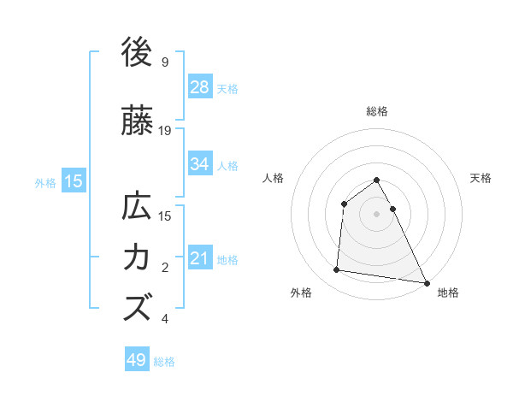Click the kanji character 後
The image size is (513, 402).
click(138, 53)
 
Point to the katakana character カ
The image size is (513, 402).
click(138, 257)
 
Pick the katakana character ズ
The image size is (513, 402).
click(138, 306)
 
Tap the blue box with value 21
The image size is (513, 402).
click(200, 257)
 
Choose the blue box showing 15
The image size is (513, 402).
click(73, 180)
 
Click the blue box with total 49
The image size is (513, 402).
click(137, 360)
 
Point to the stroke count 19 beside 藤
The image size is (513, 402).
click(166, 131)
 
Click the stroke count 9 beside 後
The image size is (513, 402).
click(165, 62)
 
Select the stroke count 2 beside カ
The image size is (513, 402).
click(165, 268)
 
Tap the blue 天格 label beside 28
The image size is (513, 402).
click(227, 87)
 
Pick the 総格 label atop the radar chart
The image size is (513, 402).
click(376, 111)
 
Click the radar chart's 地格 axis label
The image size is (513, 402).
click(448, 293)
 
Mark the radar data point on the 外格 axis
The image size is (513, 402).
click(337, 270)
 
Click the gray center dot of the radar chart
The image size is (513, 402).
click(376, 214)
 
